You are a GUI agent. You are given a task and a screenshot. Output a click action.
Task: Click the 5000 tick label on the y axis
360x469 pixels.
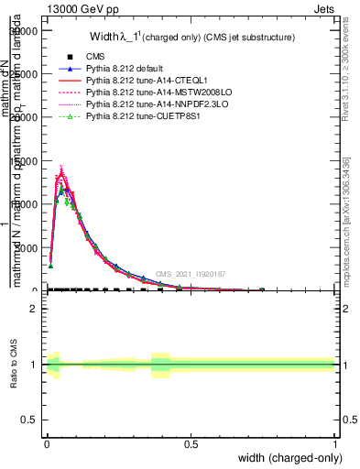pyautogui.click(x=26, y=247)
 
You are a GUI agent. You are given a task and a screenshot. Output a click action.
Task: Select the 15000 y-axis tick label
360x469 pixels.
pyautogui.click(x=24, y=160)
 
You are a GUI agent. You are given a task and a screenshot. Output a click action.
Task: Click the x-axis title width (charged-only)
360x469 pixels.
pyautogui.click(x=287, y=457)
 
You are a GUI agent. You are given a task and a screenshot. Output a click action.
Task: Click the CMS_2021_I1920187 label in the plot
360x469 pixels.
pyautogui.click(x=190, y=274)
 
